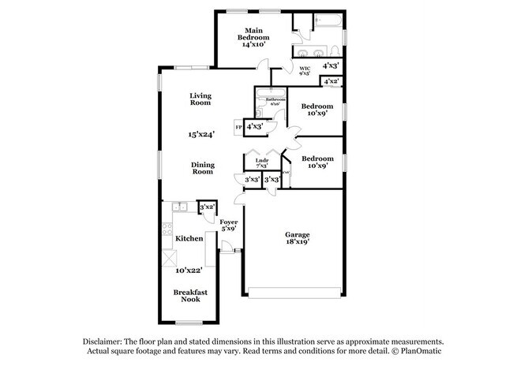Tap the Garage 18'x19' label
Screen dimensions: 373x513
coord(297,238)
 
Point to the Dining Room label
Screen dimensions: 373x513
coord(202,168)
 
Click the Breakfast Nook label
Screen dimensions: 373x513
coord(190,296)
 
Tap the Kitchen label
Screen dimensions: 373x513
coord(189,238)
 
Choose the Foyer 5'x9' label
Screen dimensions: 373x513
coord(228,226)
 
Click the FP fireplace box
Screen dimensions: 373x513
coord(238,126)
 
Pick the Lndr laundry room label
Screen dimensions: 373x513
coord(261,163)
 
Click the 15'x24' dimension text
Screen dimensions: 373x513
coord(202,135)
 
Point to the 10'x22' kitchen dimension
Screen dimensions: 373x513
coord(190,270)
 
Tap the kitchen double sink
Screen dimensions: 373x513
coord(178,207)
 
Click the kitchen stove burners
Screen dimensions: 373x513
coord(167,230)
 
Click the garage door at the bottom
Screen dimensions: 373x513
coord(296,296)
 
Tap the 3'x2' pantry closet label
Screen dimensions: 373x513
coord(207,207)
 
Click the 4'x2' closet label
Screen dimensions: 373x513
coord(331,81)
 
